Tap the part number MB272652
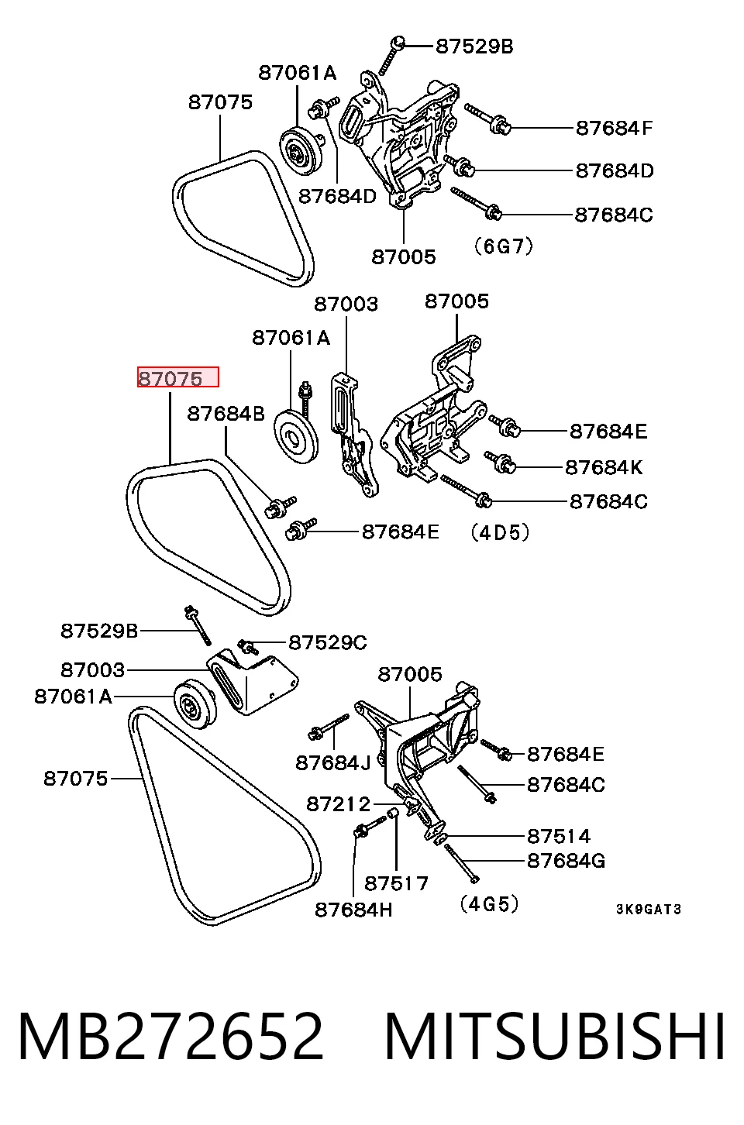click(x=170, y=1037)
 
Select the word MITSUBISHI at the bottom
click(x=554, y=1037)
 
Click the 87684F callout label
click(x=614, y=128)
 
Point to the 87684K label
click(x=604, y=467)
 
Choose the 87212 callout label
click(x=338, y=804)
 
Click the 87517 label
click(x=396, y=883)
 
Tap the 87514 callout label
click(x=559, y=836)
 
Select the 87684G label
click(x=567, y=861)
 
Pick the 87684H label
click(x=353, y=910)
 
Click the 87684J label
click(x=333, y=763)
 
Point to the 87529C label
click(x=328, y=642)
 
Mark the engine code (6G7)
click(x=504, y=246)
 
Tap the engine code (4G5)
click(x=488, y=904)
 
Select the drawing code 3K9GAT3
click(x=649, y=909)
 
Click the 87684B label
click(x=226, y=414)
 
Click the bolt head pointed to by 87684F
click(x=501, y=124)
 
